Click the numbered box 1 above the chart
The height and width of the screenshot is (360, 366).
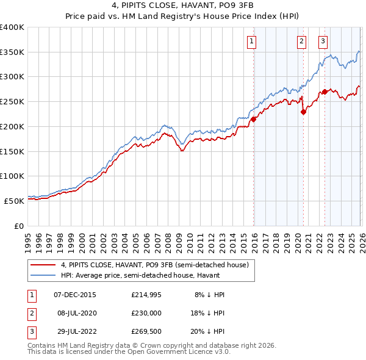(x=251, y=41)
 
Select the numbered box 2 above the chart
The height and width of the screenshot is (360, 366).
(x=301, y=41)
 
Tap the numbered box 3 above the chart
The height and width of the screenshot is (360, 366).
(x=323, y=41)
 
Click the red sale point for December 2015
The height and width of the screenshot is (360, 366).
(x=254, y=119)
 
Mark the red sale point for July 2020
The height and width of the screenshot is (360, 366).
(x=303, y=112)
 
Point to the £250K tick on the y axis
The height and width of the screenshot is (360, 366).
(x=12, y=101)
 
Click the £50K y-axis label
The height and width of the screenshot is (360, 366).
(x=14, y=200)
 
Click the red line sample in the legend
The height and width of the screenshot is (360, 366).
(x=44, y=265)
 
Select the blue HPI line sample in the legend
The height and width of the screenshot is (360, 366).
(x=44, y=276)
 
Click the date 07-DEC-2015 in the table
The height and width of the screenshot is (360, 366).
(x=75, y=294)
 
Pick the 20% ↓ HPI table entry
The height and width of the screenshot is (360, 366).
(x=209, y=333)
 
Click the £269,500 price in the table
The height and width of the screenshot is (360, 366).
(x=146, y=333)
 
